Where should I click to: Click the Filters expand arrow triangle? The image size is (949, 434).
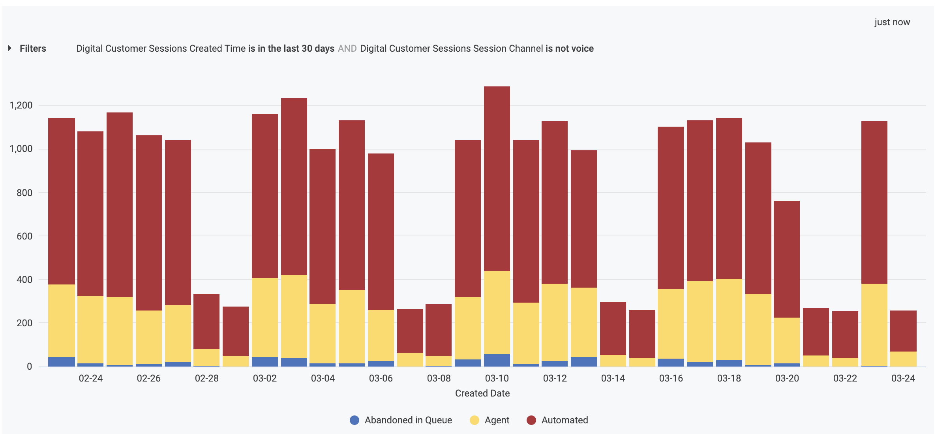(9, 48)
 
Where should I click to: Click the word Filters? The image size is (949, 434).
(33, 49)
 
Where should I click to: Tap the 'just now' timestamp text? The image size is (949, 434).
(892, 22)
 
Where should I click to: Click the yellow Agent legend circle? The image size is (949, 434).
(474, 420)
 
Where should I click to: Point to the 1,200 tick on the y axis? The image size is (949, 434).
(21, 105)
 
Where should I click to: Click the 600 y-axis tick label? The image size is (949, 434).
(24, 236)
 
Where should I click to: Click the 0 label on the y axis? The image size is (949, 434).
(29, 367)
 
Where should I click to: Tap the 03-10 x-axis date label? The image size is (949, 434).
(497, 378)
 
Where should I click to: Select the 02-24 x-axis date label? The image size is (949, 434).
(90, 378)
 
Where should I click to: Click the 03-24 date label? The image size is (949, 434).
(903, 378)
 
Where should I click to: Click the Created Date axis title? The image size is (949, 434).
(482, 393)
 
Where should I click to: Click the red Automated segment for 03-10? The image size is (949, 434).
(497, 178)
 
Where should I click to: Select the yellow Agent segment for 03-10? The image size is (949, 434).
(497, 312)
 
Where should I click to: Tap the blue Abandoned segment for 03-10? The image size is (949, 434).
(497, 360)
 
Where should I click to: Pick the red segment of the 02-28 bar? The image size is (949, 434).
(206, 322)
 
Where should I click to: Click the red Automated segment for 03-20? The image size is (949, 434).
(787, 258)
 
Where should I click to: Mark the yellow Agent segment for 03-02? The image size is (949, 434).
(265, 318)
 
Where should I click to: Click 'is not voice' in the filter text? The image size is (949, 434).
(569, 49)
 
